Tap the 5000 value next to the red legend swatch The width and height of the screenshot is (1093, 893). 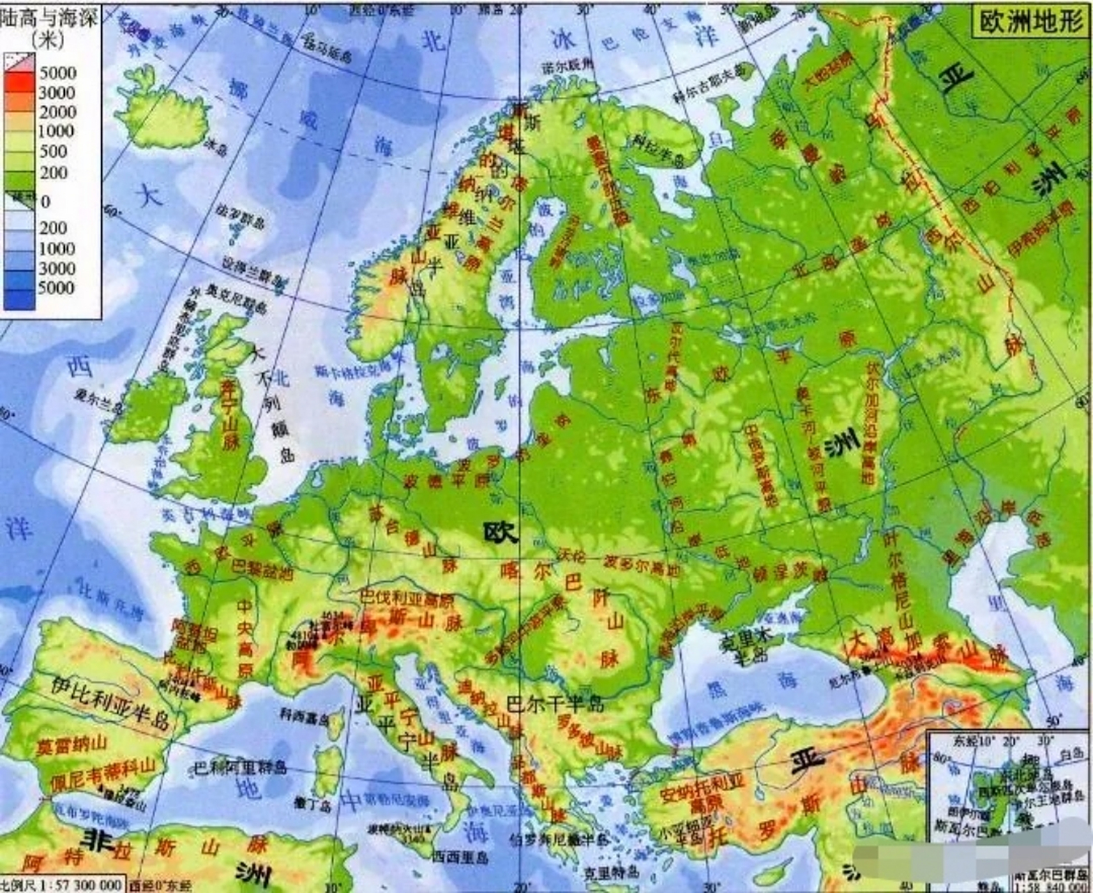[58, 73]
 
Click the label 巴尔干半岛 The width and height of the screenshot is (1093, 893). [555, 703]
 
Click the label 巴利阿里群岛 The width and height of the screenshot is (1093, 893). [240, 768]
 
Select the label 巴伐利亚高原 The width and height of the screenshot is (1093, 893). [405, 599]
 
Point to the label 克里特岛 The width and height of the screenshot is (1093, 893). [611, 871]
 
